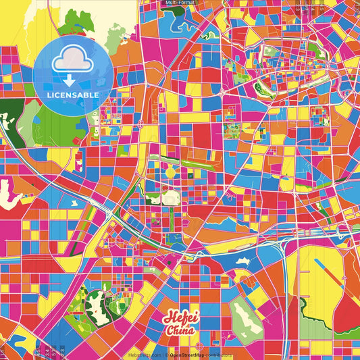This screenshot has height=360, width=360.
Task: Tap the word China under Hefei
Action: [x=180, y=331]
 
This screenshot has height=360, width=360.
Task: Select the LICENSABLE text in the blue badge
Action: [x=73, y=95]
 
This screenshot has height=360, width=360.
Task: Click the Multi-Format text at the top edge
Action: [x=180, y=3]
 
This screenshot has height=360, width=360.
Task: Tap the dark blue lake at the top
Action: [x=184, y=24]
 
